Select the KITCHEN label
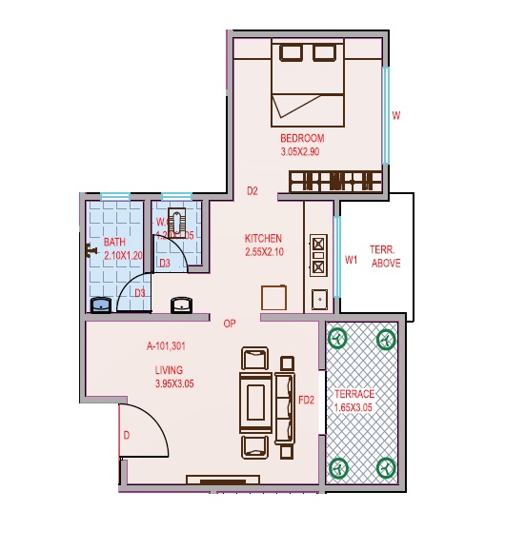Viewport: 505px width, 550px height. pos(263,238)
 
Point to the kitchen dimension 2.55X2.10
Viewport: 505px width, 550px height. pos(263,252)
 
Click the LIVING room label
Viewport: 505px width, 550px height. pos(170,369)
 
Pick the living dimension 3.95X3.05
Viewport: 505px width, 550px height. pos(174,383)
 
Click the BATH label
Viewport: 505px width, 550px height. pos(114,242)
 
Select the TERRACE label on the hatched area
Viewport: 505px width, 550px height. pos(354,394)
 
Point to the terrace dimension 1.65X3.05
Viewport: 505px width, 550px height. pos(354,407)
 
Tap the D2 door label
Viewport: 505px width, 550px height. pos(252,191)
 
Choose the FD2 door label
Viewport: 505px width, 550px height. pos(306,400)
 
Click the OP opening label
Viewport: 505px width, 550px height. pos(230,324)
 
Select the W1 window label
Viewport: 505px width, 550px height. pos(351,259)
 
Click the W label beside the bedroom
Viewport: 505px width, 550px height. pos(396,116)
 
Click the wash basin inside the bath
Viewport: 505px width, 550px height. pos(100,304)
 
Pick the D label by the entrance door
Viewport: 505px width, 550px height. pos(127,435)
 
